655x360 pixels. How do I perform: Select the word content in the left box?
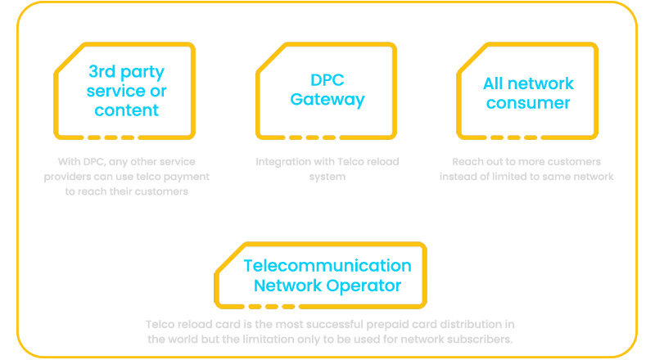click(126, 110)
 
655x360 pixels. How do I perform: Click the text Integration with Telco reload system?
click(327, 169)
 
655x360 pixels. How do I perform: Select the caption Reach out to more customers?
click(526, 169)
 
